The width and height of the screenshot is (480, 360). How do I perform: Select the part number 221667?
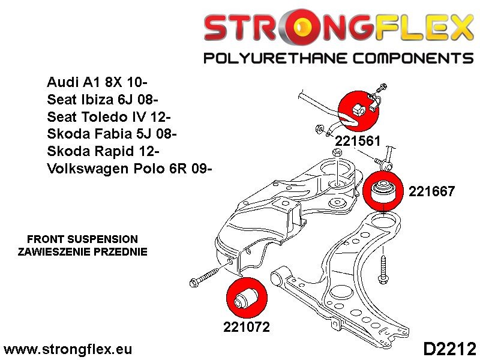coord(431,192)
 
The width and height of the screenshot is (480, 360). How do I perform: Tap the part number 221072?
coord(246,327)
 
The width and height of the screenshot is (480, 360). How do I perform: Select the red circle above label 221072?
coord(244,298)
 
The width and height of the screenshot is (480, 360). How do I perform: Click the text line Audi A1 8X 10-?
coord(99,82)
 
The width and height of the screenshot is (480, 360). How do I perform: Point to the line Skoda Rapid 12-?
coord(103,151)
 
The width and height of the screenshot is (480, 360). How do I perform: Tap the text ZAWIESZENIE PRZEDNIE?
coord(83,251)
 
